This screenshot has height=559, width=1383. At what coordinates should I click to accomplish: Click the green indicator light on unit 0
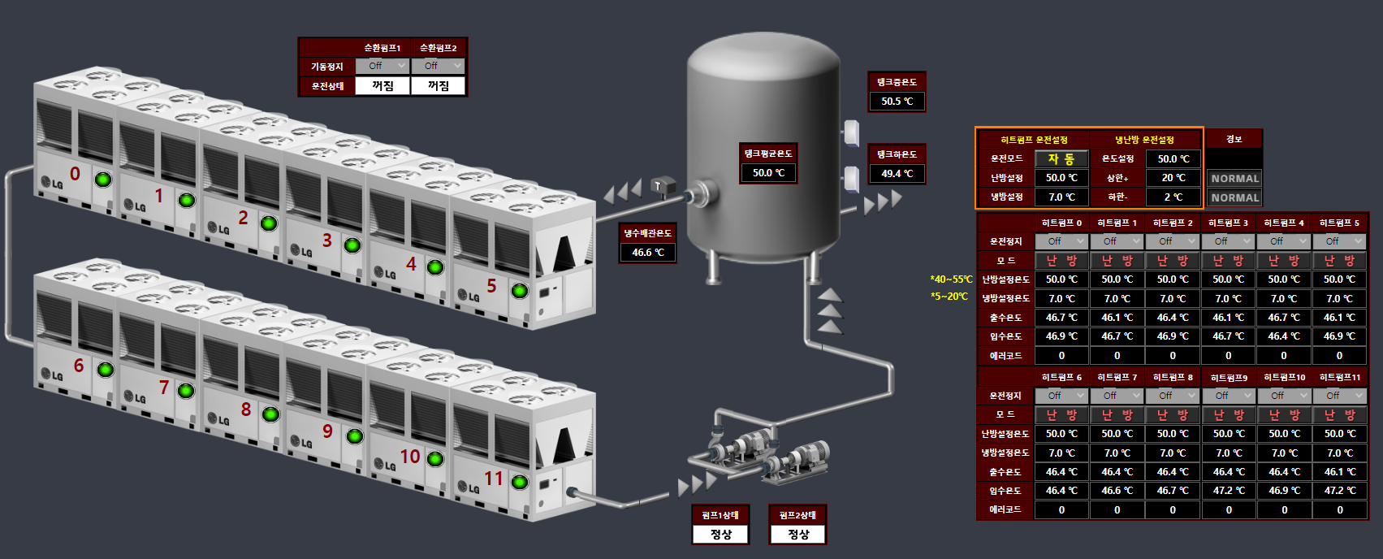tap(103, 180)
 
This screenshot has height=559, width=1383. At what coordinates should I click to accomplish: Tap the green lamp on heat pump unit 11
tap(520, 482)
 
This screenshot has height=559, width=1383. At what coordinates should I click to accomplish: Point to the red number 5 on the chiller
tap(491, 286)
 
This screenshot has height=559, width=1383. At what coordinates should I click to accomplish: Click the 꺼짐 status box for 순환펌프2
tap(439, 85)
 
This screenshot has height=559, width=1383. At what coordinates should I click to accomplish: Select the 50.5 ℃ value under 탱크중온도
tap(897, 102)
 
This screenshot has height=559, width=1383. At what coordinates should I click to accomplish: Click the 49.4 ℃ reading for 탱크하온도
tap(897, 173)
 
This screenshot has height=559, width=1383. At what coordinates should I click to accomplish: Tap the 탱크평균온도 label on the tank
tap(767, 153)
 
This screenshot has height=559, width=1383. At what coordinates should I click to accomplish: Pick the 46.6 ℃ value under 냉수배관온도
tap(647, 253)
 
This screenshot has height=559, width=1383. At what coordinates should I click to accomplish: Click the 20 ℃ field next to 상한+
tap(1173, 178)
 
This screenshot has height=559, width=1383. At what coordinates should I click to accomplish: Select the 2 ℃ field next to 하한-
tap(1173, 197)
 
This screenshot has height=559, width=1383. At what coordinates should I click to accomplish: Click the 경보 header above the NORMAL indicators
tap(1234, 139)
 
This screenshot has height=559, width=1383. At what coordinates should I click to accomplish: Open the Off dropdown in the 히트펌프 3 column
tap(1228, 241)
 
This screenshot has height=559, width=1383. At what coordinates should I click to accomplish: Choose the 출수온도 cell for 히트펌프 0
tap(1061, 318)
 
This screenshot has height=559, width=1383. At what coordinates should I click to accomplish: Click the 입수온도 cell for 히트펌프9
tap(1228, 491)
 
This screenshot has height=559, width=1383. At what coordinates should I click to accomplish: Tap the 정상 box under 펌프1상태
tap(720, 535)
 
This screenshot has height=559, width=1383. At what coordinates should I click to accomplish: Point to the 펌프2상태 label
tap(797, 515)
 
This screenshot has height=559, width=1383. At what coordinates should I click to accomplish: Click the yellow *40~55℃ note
tap(951, 279)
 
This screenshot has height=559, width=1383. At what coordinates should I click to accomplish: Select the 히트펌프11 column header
tap(1339, 377)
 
